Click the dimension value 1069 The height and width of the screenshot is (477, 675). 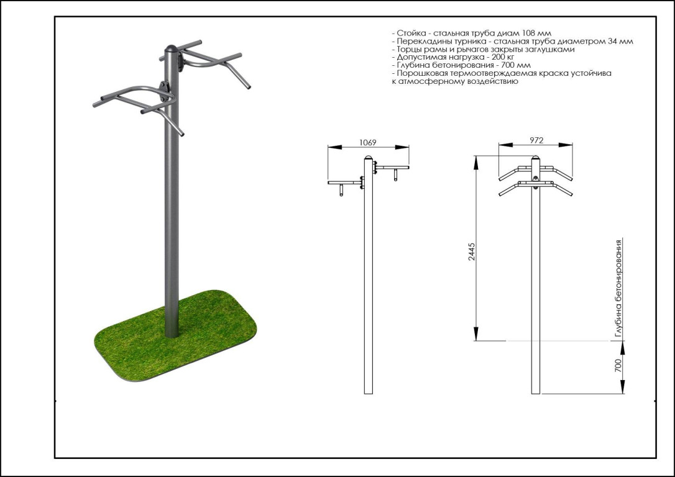[x=367, y=142]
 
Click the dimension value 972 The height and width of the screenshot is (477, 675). [x=536, y=140]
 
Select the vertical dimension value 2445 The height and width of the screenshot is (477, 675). [x=471, y=252]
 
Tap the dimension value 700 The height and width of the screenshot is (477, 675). [x=618, y=366]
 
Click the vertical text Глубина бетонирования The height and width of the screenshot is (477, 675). [x=619, y=288]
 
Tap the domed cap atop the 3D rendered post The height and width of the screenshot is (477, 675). [x=172, y=48]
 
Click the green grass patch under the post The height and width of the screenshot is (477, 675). [x=175, y=336]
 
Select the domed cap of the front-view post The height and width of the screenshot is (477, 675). [x=536, y=158]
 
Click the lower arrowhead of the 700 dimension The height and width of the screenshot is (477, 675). [x=623, y=387]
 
